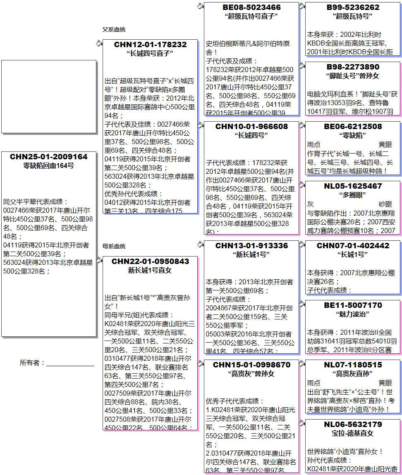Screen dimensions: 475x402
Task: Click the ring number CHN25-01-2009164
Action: tap(49, 157)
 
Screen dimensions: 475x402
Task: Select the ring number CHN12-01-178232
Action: tap(150, 44)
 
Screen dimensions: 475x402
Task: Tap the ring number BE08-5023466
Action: tap(251, 7)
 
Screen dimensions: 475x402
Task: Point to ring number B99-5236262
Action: tap(353, 7)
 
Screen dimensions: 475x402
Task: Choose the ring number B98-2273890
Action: tap(353, 67)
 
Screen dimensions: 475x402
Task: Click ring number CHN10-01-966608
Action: tap(251, 126)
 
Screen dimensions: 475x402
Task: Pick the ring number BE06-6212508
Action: tap(353, 126)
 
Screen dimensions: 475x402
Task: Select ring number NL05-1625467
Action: tap(353, 186)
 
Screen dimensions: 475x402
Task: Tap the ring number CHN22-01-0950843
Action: tap(150, 261)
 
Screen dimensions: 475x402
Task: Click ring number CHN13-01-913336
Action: tap(251, 245)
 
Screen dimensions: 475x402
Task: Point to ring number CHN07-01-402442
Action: tap(353, 245)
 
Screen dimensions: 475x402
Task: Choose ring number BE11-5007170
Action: tap(353, 305)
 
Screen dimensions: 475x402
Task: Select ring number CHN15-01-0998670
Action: tap(251, 365)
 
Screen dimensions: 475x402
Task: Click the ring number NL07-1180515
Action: tap(353, 365)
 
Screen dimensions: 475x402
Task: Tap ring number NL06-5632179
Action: tap(353, 424)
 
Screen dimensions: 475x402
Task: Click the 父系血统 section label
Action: tap(114, 29)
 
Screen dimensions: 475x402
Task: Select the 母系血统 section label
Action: tap(114, 246)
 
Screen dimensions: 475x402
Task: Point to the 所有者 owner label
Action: tap(32, 363)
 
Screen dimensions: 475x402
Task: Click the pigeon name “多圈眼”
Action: tap(353, 195)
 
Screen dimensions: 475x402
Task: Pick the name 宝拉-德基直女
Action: tap(353, 433)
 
